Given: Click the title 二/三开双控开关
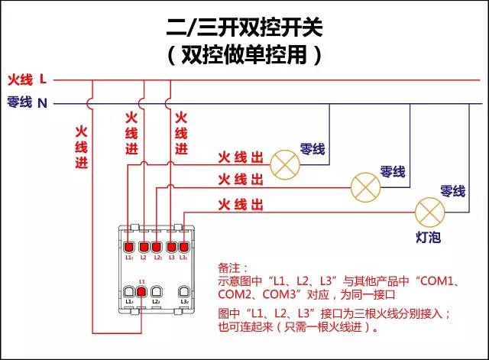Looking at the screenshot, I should (244, 28).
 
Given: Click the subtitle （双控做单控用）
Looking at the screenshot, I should (244, 55).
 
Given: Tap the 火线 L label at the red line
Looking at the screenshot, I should (27, 79).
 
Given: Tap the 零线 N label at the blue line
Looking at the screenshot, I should (27, 102).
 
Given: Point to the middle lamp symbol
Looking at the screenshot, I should (364, 186).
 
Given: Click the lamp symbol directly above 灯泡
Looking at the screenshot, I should (429, 210).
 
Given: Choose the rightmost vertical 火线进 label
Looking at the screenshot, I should (181, 133).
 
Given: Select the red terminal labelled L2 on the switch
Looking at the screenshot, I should (157, 247).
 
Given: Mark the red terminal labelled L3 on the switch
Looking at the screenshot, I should (170, 247).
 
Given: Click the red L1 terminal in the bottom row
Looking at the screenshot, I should (141, 292).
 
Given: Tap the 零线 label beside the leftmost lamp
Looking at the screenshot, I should (313, 148).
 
